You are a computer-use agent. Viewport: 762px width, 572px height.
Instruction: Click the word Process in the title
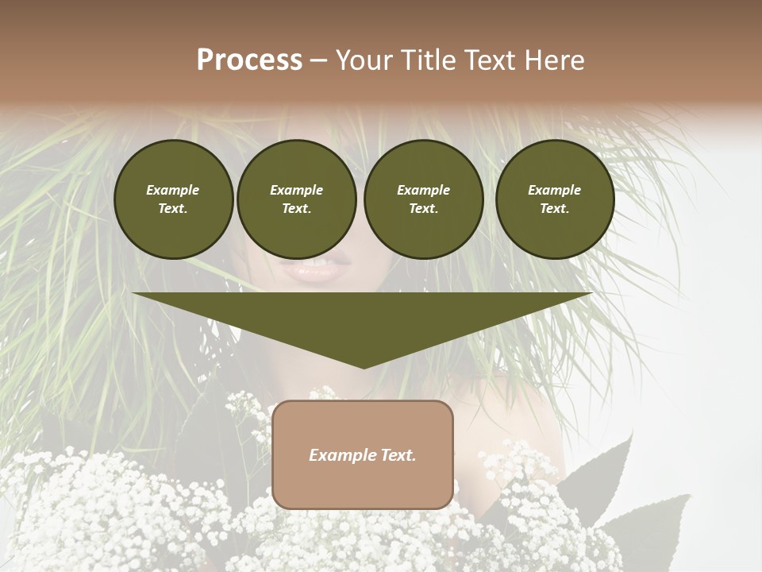(249, 60)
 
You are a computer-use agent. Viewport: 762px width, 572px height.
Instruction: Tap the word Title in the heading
(425, 60)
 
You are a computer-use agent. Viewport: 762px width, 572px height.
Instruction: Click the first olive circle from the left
(173, 199)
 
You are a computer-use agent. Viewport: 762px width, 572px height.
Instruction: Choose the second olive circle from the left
(297, 199)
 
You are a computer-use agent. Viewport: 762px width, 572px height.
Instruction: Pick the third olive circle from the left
(423, 199)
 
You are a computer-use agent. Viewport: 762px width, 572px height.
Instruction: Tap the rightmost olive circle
(555, 199)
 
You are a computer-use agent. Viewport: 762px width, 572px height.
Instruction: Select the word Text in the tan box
(399, 455)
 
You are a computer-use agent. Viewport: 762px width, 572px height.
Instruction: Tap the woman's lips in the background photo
(324, 270)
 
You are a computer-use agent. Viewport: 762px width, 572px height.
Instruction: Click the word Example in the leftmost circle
(173, 190)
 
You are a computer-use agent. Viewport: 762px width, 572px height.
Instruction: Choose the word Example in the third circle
(423, 190)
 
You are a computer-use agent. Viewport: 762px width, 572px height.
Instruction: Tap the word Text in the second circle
(295, 209)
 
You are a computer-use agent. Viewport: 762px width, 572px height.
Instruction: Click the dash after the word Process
(318, 61)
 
